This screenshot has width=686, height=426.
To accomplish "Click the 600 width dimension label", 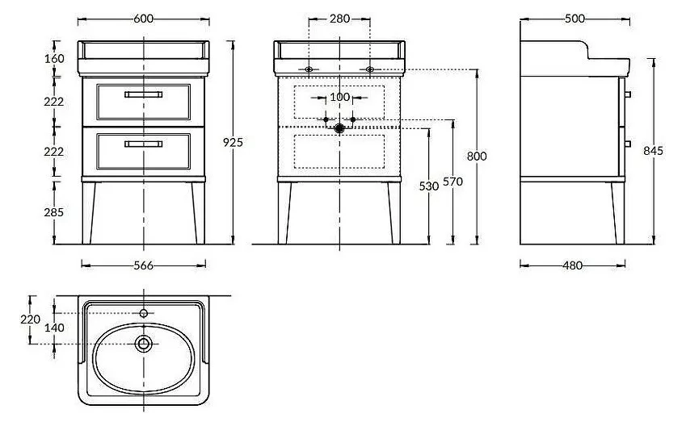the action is (144, 19).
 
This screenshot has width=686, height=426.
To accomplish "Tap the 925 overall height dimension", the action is (233, 142).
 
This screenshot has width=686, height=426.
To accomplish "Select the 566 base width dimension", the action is (144, 265).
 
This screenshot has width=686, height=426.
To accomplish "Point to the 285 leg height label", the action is (54, 212).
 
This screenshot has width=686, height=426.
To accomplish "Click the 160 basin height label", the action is (54, 58).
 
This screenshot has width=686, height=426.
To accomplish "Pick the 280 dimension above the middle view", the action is (340, 19).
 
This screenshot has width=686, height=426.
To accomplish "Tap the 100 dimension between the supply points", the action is (339, 97).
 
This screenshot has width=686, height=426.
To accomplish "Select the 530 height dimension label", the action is (429, 186).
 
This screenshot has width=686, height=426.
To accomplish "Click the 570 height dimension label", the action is (452, 182).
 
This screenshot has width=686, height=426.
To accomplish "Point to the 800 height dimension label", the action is (477, 156).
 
